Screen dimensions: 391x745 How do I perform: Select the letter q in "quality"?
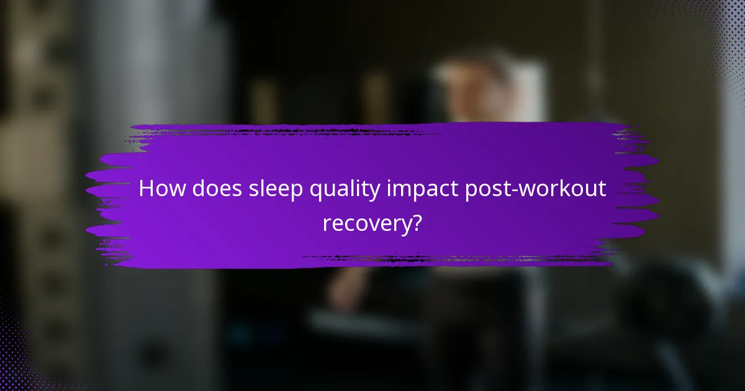coord(322,192)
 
